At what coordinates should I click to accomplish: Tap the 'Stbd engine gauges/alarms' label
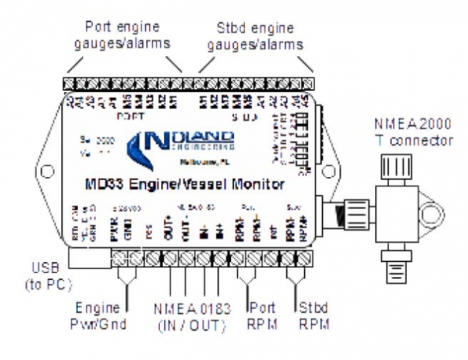(255, 36)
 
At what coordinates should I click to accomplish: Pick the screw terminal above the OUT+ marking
(171, 257)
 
